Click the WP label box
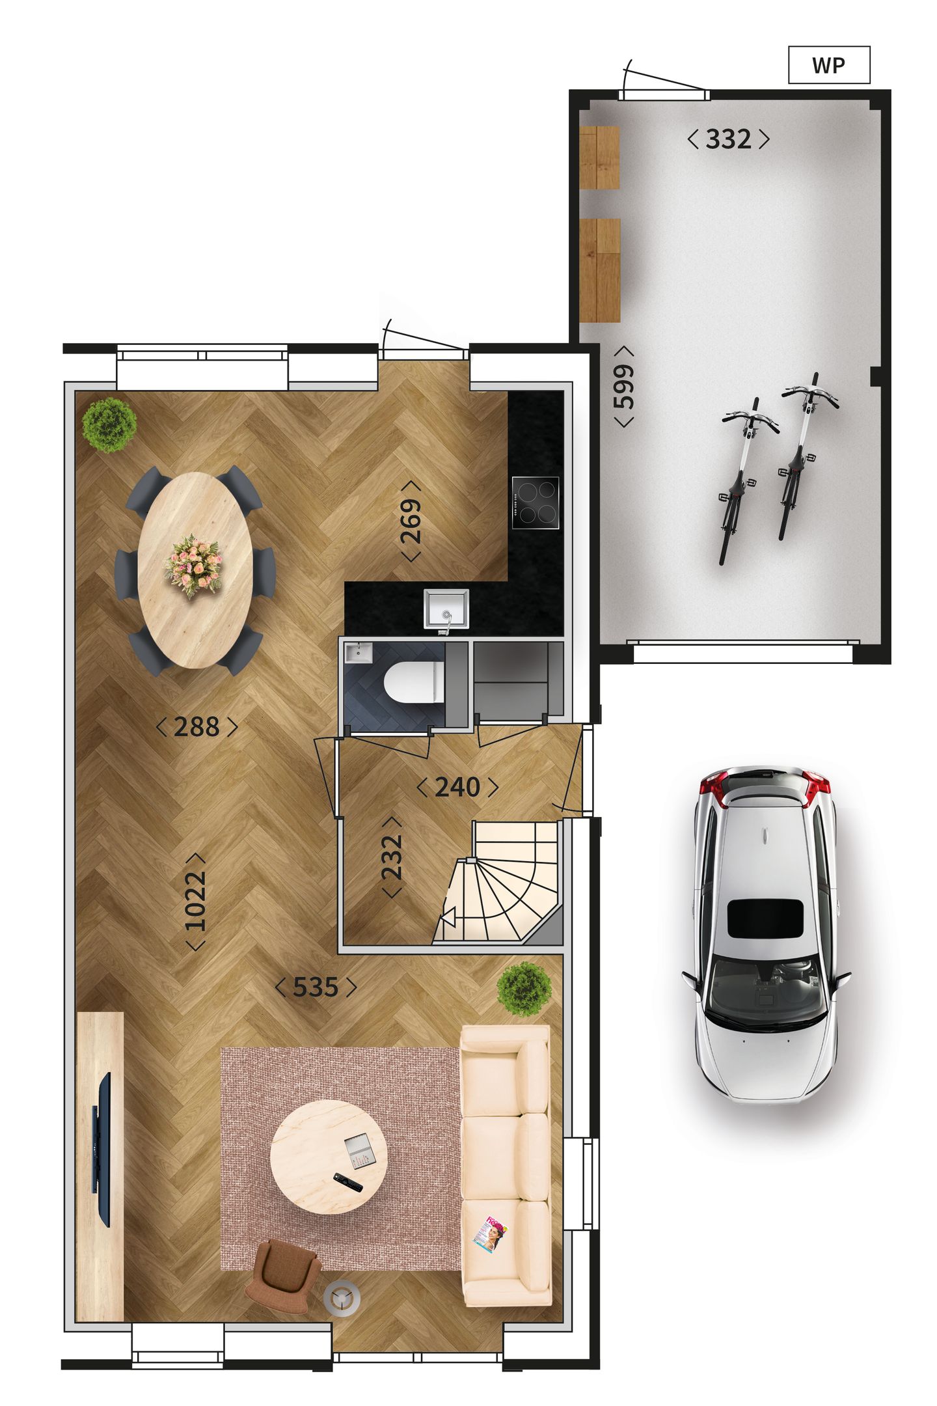pos(828,65)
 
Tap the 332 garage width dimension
pos(728,139)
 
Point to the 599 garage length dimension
pos(623,386)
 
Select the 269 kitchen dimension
pos(411,521)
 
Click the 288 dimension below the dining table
pos(197,727)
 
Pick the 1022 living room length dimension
pos(195,902)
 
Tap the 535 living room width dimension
pos(316,987)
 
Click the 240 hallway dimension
pos(457,788)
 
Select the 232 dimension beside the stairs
pos(392,857)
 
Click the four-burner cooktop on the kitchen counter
pos(535,503)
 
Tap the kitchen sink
pos(446,609)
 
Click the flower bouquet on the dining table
pos(194,564)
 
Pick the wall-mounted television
pos(103,1149)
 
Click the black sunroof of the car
pos(764,918)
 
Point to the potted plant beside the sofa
pos(524,989)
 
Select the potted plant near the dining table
pos(109,424)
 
